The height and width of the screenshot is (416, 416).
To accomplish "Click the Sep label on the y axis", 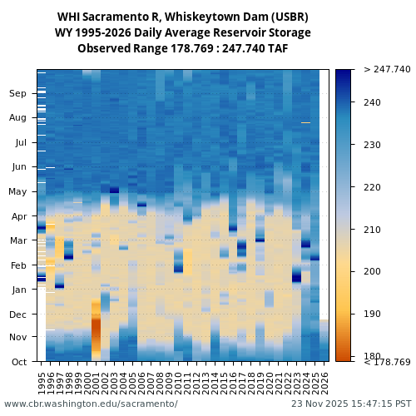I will pyautogui.click(x=18, y=94).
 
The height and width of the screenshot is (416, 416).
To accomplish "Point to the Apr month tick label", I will pyautogui.click(x=18, y=216).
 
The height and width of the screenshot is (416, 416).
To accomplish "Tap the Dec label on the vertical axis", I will pyautogui.click(x=18, y=314).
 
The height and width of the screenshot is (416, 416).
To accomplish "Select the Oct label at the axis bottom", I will pyautogui.click(x=19, y=362).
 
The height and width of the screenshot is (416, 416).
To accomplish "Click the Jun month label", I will pyautogui.click(x=19, y=167).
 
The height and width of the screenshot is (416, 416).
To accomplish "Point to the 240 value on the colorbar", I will pyautogui.click(x=373, y=102).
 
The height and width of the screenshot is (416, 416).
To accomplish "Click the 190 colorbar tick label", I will pyautogui.click(x=373, y=314).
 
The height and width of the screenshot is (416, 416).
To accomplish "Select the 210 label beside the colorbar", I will pyautogui.click(x=373, y=230).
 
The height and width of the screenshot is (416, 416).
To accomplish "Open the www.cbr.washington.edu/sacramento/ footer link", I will pyautogui.click(x=91, y=404).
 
